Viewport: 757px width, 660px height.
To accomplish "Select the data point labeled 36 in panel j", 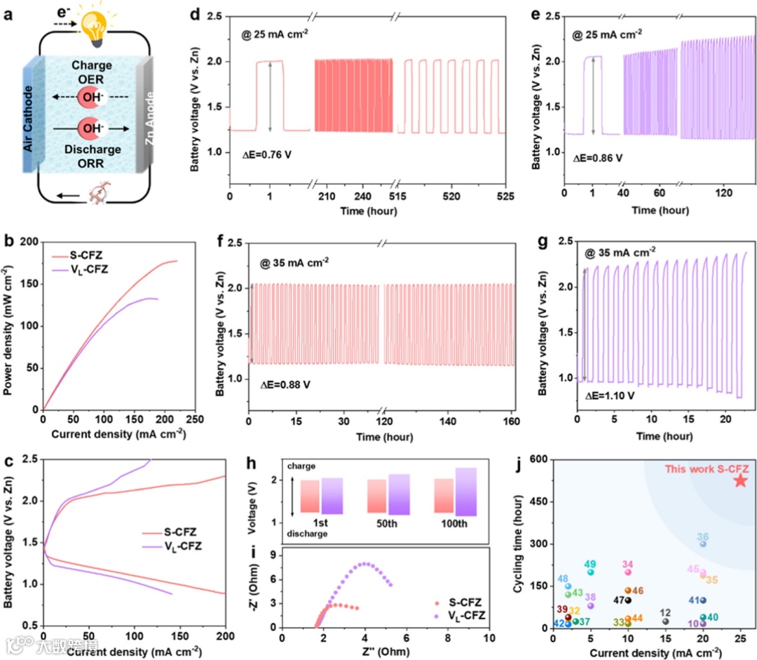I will [x=703, y=544].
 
